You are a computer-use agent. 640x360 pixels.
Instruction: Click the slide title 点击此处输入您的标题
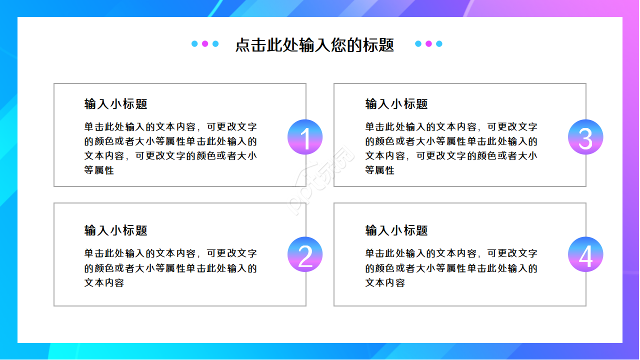click(x=314, y=44)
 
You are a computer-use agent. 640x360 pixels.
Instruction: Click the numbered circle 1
click(x=305, y=137)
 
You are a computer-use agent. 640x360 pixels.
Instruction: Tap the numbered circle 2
click(x=305, y=254)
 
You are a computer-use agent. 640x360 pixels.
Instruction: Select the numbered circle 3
click(x=585, y=137)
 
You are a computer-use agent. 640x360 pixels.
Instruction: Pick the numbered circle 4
click(x=585, y=254)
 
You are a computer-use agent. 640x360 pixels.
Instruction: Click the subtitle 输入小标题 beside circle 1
click(x=116, y=104)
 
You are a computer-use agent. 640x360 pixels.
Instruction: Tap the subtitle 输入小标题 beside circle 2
click(x=116, y=230)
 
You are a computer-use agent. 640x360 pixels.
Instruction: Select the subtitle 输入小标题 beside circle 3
click(x=396, y=104)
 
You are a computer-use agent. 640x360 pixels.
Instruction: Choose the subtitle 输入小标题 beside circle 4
click(x=396, y=230)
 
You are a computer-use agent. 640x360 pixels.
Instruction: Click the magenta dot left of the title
click(x=205, y=44)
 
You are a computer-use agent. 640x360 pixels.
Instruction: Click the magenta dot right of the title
click(x=428, y=44)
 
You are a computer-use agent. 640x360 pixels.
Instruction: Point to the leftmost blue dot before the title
click(x=194, y=44)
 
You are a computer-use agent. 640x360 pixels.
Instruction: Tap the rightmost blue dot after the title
click(x=439, y=44)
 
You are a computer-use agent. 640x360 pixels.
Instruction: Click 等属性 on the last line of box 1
click(x=99, y=170)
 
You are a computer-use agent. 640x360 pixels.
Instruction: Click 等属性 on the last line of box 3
click(x=380, y=170)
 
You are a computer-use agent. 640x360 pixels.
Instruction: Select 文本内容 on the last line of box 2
click(x=104, y=283)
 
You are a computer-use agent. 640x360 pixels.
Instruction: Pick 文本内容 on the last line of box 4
click(x=385, y=283)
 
